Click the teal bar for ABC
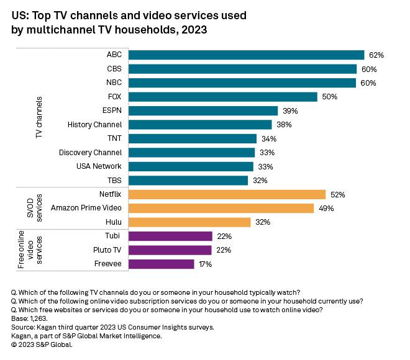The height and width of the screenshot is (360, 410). tap(246, 55)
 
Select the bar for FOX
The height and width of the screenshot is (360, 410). tap(222, 96)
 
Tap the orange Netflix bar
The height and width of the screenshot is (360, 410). tap(227, 194)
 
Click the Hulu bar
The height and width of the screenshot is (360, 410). tap(189, 222)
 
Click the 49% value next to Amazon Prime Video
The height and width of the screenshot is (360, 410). tap(327, 209)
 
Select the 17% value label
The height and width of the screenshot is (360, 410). tap(205, 264)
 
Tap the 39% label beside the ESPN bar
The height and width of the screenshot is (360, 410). tap(290, 110)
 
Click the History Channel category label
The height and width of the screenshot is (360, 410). tap(94, 125)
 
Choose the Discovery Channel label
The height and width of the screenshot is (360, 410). tap(90, 153)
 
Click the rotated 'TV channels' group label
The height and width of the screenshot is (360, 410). tap(39, 117)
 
